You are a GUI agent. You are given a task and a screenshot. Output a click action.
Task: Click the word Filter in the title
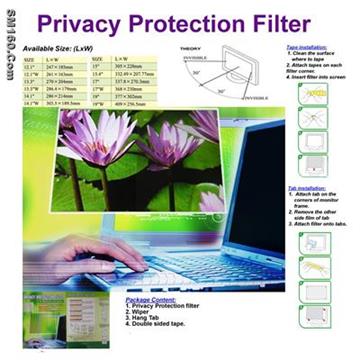point(292,23)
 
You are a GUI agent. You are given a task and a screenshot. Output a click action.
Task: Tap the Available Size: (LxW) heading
point(67,47)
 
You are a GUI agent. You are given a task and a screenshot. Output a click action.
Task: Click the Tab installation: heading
point(306,188)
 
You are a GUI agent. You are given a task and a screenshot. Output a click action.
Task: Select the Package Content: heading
point(155,298)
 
